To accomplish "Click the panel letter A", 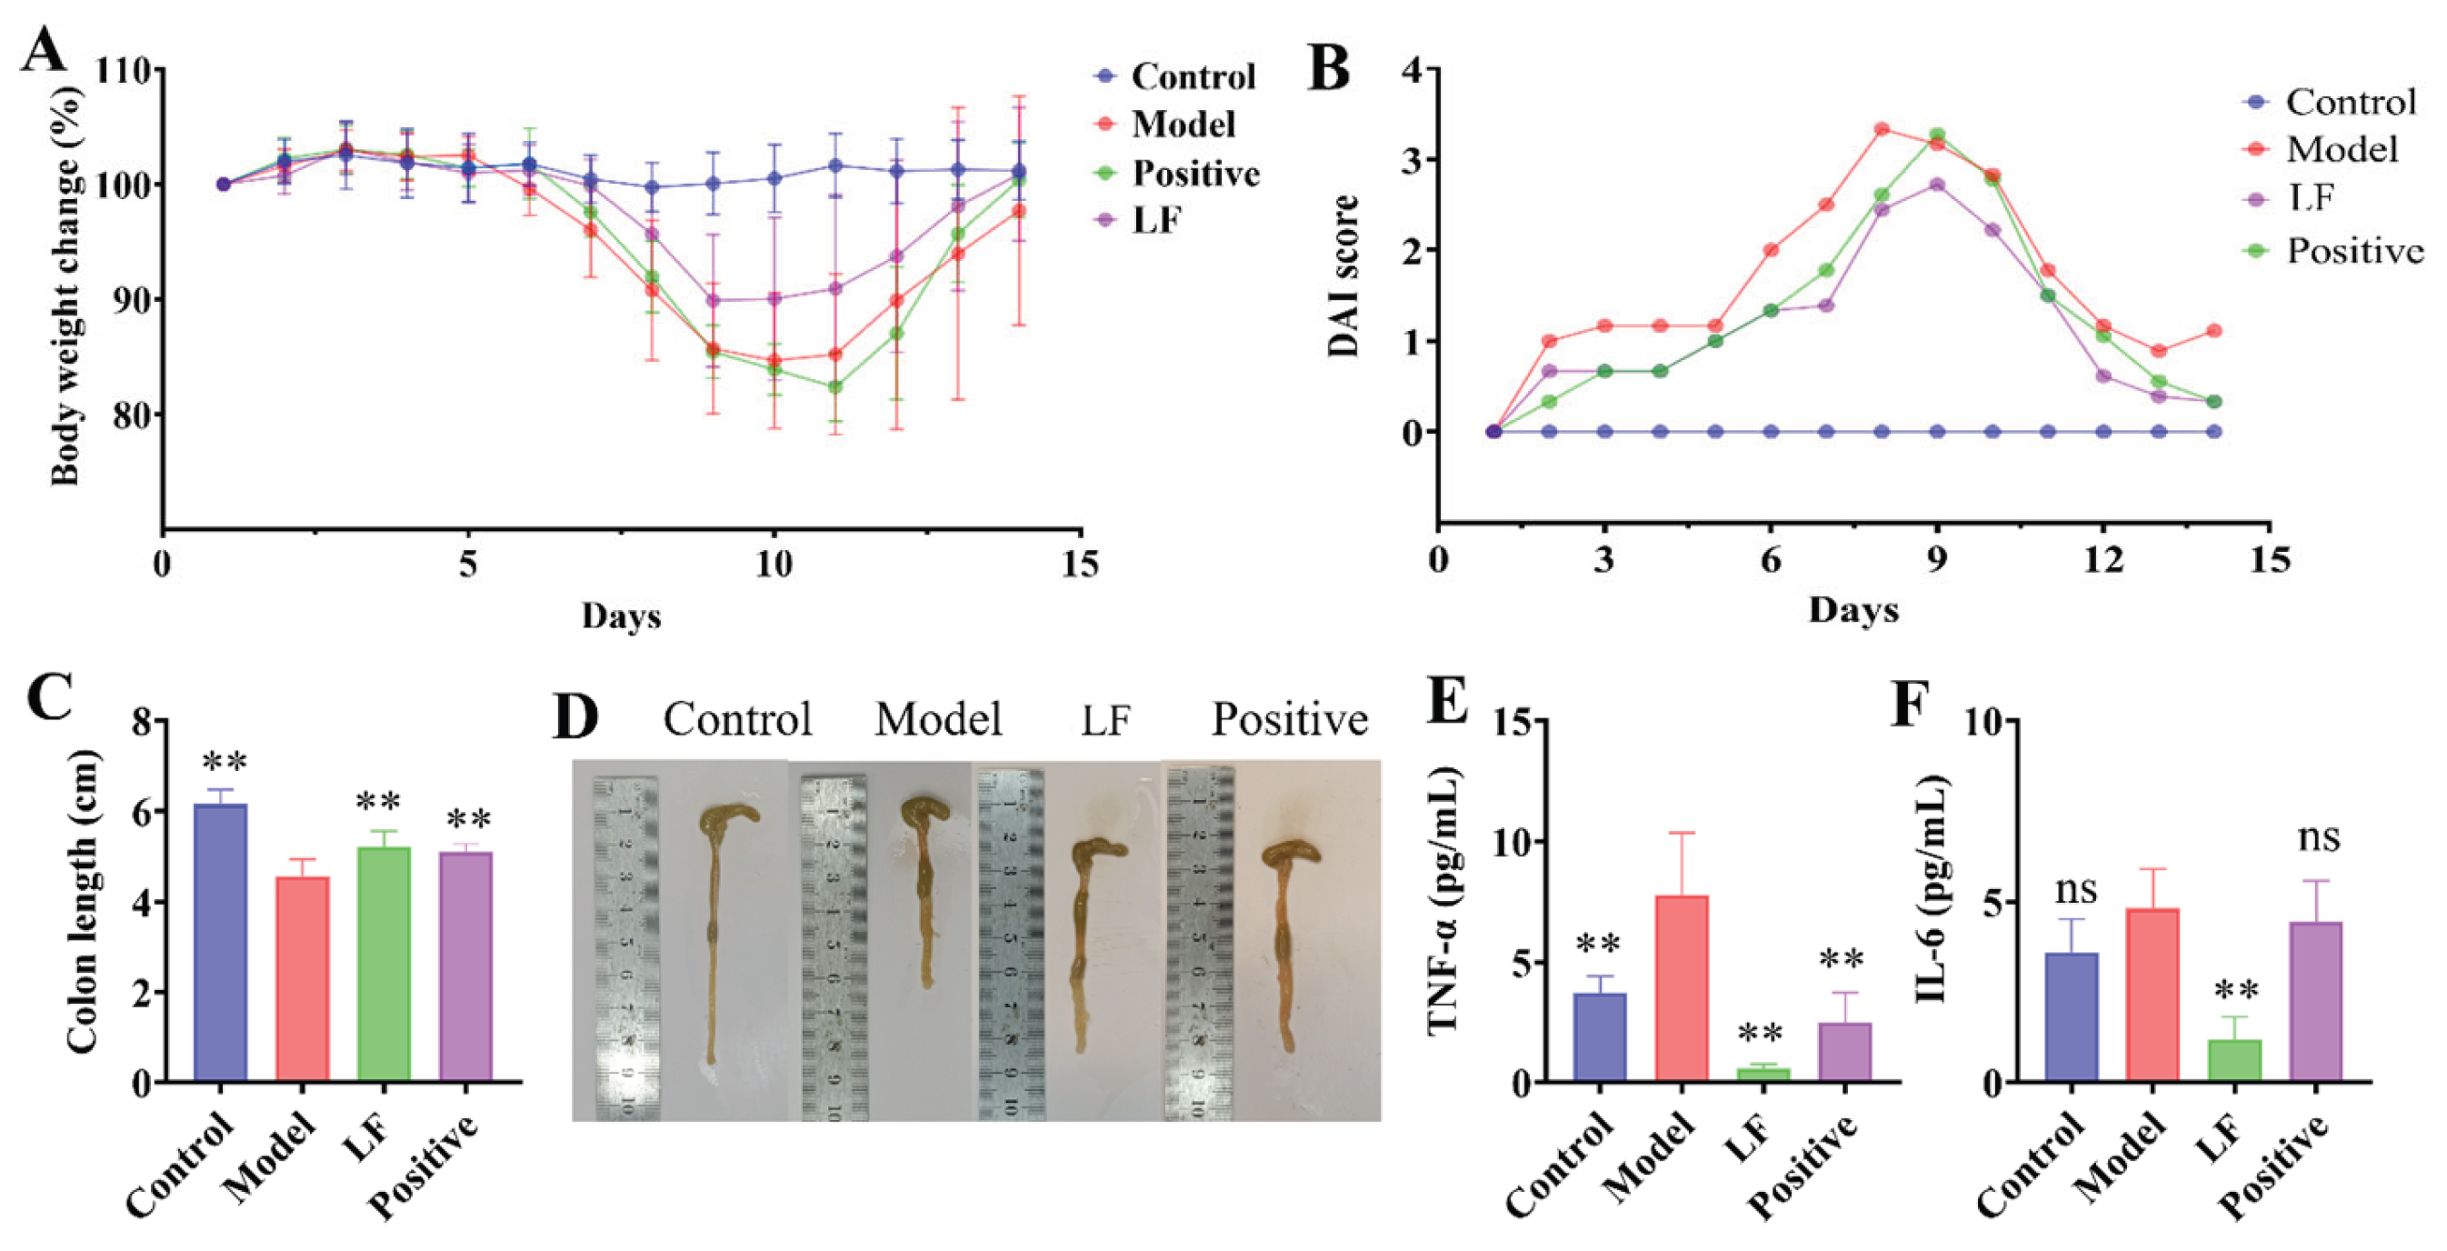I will point(45,48).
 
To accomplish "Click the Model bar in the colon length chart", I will point(302,978).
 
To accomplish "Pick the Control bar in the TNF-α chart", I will point(1600,1036).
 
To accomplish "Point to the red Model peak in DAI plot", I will point(1882,129).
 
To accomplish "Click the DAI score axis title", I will point(1343,275).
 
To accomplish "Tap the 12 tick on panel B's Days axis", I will point(2103,561).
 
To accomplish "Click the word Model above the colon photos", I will point(938,719).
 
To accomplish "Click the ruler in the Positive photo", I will point(1199,940).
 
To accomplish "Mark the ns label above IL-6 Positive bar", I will point(2318,838).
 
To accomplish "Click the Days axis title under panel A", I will point(620,615).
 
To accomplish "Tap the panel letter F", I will point(1913,705).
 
